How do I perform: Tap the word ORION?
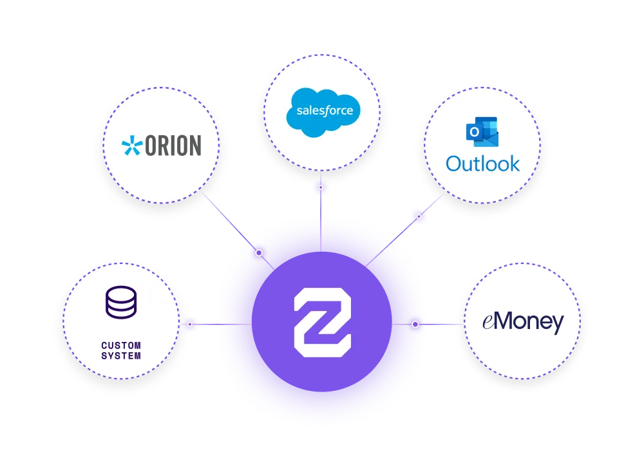(173, 146)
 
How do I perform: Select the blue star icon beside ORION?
(132, 146)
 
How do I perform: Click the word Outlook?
(482, 163)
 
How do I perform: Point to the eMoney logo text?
(523, 322)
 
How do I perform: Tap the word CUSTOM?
(121, 346)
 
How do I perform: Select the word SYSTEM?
(121, 355)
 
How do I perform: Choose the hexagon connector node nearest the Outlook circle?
(419, 217)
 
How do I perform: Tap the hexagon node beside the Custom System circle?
(189, 324)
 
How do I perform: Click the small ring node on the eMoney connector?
(415, 324)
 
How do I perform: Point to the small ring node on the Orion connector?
(259, 253)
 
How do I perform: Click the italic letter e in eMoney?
(488, 323)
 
